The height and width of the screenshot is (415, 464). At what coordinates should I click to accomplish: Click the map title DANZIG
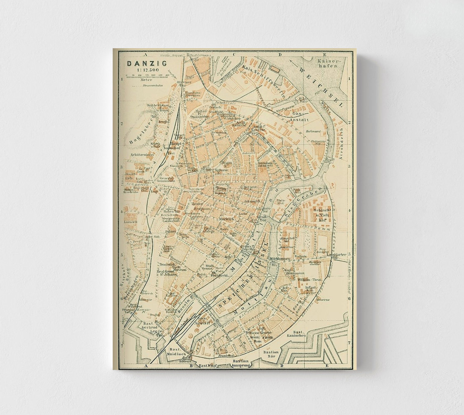point(141,63)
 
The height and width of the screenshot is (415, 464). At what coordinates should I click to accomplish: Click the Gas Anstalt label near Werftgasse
point(303,116)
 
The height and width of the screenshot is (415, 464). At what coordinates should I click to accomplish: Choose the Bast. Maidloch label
point(177,352)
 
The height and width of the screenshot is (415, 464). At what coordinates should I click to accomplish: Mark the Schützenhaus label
point(142,154)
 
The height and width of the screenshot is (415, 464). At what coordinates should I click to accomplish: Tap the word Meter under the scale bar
point(146,79)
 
